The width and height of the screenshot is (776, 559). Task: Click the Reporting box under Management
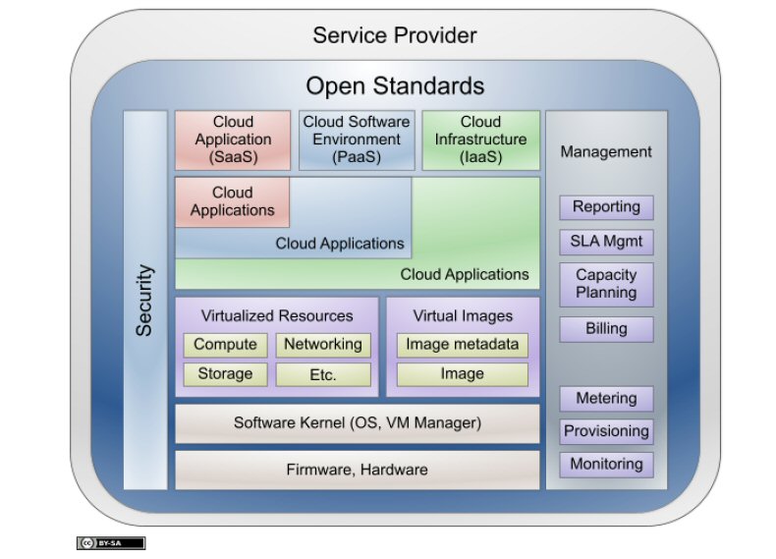coord(606,207)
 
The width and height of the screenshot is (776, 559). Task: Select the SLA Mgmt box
coord(606,242)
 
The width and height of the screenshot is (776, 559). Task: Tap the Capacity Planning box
coord(606,284)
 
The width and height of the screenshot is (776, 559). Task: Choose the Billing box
coord(606,328)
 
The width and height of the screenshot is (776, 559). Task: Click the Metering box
coord(606,399)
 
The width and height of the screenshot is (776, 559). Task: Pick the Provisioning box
coord(606,431)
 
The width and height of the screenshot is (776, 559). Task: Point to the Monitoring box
coord(606,464)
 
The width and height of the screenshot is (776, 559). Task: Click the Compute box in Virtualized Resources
coord(225,345)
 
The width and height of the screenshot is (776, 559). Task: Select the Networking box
coord(322,345)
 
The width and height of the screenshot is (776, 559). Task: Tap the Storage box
coord(225,374)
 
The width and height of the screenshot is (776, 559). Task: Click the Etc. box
coord(322,375)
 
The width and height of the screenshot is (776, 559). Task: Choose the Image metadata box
coord(462,345)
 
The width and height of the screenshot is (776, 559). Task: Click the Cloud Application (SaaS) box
coord(233,140)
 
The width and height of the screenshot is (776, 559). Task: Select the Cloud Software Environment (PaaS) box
coord(356,140)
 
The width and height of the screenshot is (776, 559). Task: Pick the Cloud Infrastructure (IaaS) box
coord(480,140)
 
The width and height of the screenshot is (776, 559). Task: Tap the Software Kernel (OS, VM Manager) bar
coord(357,423)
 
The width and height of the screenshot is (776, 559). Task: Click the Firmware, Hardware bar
coord(357,470)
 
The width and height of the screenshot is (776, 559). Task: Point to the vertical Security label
coord(144,300)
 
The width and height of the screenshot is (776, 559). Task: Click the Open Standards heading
coord(395,85)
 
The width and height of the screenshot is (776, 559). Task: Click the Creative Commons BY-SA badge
coord(111,543)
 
